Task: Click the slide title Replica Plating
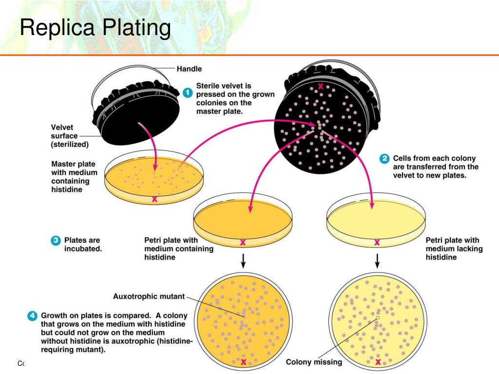pyautogui.click(x=95, y=28)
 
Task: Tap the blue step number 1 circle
pyautogui.click(x=188, y=93)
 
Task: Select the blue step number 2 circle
pyautogui.click(x=384, y=159)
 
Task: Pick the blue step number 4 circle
pyautogui.click(x=32, y=315)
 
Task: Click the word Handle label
pyautogui.click(x=189, y=69)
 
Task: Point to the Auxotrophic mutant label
pyautogui.click(x=149, y=296)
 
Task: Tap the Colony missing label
pyautogui.click(x=314, y=362)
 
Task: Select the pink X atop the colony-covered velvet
pyautogui.click(x=321, y=86)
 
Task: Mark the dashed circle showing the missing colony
pyautogui.click(x=377, y=318)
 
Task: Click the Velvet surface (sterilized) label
pyautogui.click(x=71, y=136)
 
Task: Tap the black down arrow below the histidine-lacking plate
pyautogui.click(x=377, y=261)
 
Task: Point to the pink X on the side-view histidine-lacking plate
pyautogui.click(x=377, y=242)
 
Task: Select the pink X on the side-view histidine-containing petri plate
pyautogui.click(x=243, y=242)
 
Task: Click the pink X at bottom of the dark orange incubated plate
pyautogui.click(x=243, y=361)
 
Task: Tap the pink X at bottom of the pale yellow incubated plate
pyautogui.click(x=378, y=361)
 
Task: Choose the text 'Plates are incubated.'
pyautogui.click(x=82, y=244)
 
